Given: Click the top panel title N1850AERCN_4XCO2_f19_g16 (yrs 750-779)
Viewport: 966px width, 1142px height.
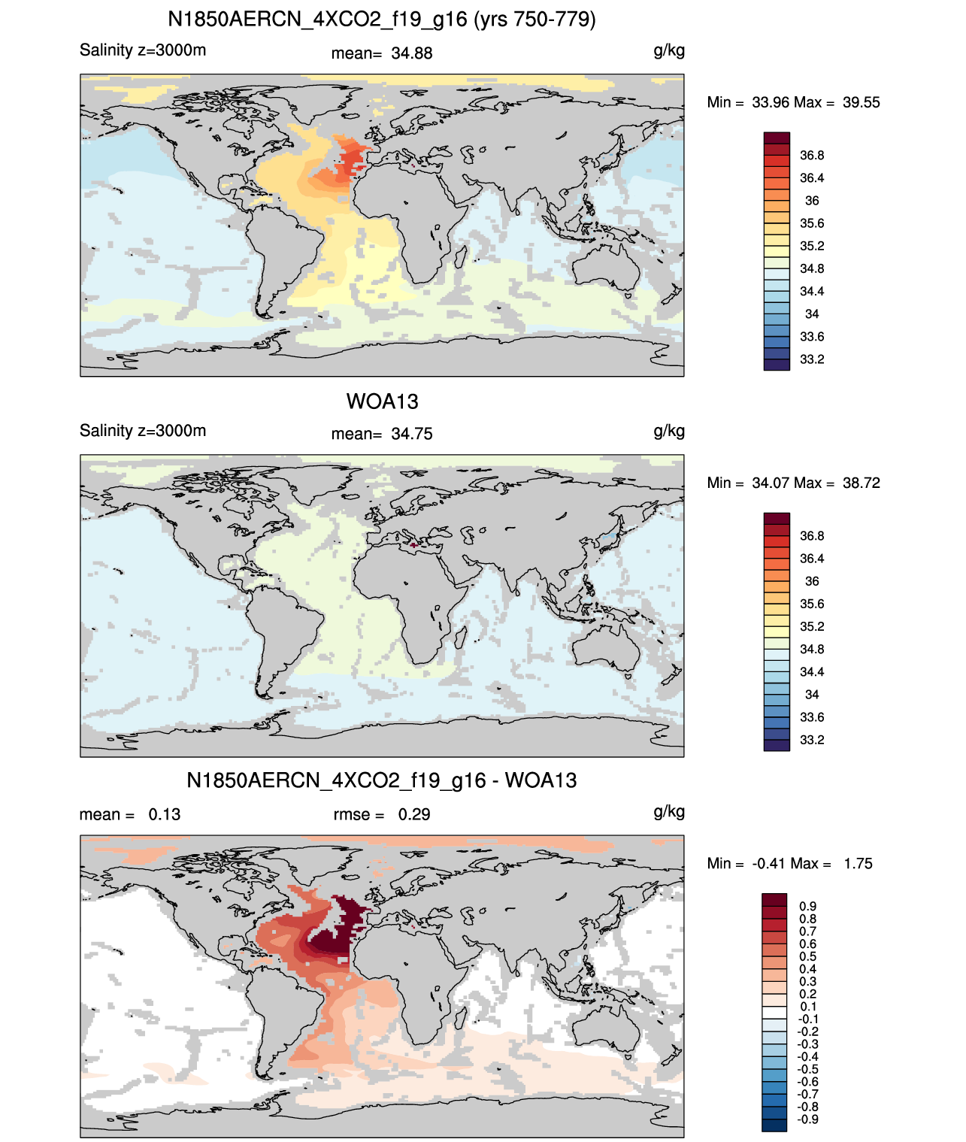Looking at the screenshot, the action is tap(382, 20).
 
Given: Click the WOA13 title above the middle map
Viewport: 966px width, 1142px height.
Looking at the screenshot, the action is tap(382, 401).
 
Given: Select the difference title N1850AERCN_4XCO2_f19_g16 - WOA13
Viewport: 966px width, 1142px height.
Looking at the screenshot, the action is tap(382, 780).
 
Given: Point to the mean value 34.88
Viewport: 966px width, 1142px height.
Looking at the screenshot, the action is tap(411, 53).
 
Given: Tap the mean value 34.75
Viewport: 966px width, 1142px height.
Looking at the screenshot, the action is tap(411, 435).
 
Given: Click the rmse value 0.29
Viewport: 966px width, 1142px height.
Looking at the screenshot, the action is tap(413, 814).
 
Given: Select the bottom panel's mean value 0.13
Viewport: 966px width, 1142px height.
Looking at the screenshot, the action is tap(164, 814).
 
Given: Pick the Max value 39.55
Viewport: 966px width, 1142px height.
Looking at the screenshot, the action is tap(861, 103).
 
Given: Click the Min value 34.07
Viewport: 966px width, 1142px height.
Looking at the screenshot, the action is tap(771, 483).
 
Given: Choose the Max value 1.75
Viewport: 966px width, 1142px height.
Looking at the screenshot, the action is tap(858, 864).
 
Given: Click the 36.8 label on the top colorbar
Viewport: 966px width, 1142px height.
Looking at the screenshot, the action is tap(812, 156).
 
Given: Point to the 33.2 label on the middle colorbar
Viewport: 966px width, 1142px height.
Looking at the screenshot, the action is tap(812, 740).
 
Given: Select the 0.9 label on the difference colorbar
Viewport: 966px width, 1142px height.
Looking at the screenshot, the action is tap(807, 906).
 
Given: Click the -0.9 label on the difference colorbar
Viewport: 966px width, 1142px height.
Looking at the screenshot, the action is tap(807, 1119).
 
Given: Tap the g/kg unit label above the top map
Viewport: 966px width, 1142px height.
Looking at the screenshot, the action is tap(669, 51).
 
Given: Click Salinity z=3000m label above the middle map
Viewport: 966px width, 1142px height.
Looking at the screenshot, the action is tap(143, 430).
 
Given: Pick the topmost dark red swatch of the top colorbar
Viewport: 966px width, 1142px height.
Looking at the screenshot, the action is tap(777, 138).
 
